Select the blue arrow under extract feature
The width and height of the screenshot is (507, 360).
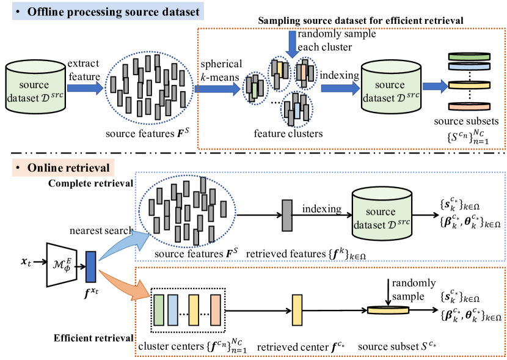[84, 89]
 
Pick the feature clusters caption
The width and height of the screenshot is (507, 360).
[279, 131]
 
